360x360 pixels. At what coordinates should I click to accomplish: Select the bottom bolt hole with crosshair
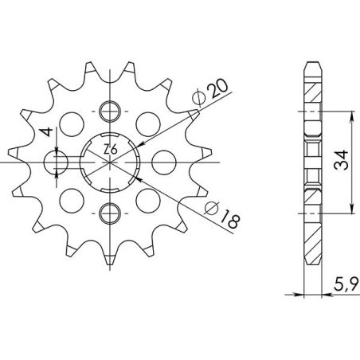[111, 212]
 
